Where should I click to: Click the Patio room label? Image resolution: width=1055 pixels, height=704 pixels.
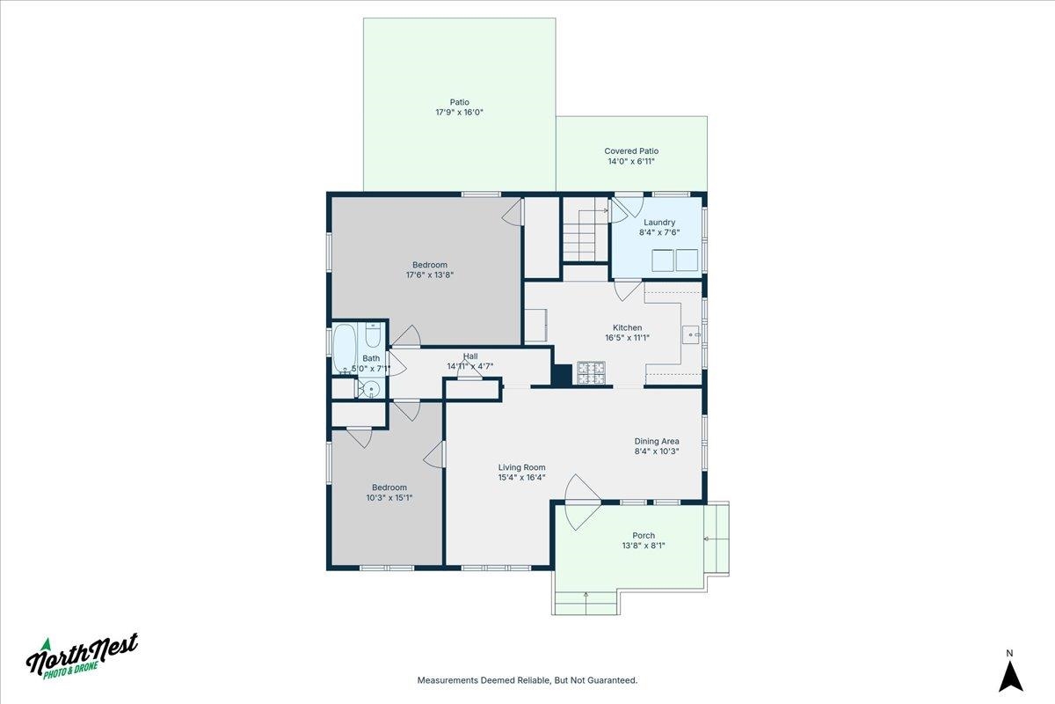(459, 102)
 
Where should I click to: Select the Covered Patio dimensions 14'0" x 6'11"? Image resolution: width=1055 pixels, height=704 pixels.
(631, 161)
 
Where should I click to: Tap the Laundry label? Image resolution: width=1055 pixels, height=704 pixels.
(658, 222)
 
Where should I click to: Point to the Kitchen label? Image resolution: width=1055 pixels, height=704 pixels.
(627, 327)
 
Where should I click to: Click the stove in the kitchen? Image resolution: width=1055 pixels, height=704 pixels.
(591, 372)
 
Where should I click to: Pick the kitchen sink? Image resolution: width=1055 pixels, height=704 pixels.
(691, 334)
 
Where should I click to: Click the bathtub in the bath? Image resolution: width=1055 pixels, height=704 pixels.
(344, 348)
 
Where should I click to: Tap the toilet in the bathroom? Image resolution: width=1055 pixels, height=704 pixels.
(373, 334)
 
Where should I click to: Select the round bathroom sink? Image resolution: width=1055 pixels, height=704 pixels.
(372, 390)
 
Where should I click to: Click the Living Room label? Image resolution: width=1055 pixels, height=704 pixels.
(522, 467)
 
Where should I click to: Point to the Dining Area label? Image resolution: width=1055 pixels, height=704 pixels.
(657, 442)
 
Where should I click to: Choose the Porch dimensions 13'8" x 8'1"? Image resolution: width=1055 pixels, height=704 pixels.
(644, 546)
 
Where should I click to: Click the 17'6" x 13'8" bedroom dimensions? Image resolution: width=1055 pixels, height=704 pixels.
(430, 275)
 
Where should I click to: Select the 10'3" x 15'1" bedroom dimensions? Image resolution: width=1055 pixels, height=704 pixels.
(389, 497)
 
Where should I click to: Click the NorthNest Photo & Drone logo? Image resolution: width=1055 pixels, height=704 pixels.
(82, 656)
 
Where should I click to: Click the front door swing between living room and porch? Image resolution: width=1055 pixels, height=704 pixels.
(582, 502)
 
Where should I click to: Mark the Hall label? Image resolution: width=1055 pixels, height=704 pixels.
(470, 356)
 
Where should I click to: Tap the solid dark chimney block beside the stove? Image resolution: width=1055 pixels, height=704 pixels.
(562, 376)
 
